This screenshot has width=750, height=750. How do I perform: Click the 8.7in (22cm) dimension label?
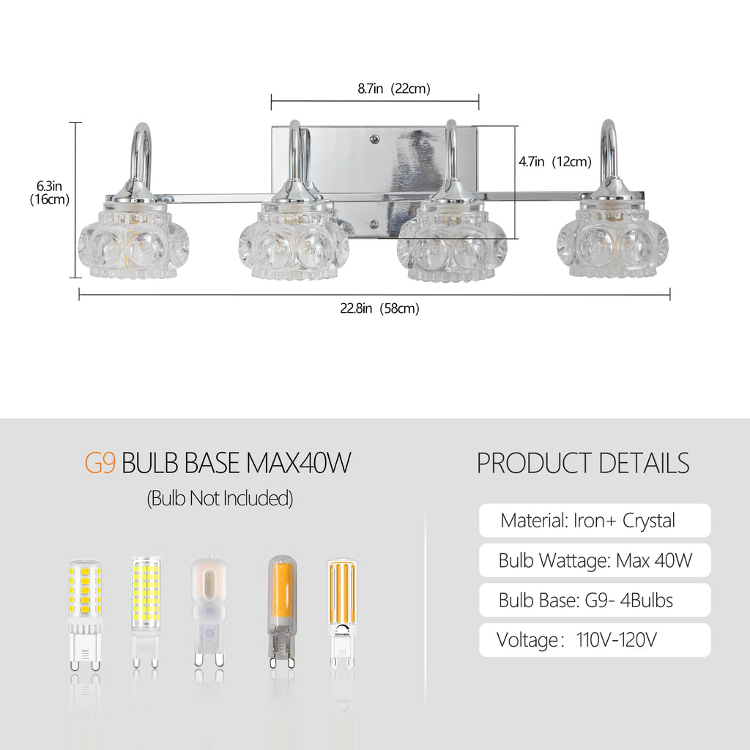(393, 89)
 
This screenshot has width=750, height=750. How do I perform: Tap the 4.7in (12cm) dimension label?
(555, 162)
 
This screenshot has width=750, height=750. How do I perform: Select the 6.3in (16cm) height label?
(49, 193)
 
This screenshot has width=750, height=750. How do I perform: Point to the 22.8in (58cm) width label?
(379, 308)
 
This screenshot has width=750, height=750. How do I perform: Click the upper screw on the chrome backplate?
(375, 139)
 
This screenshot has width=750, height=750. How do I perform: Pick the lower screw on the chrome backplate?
(374, 224)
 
